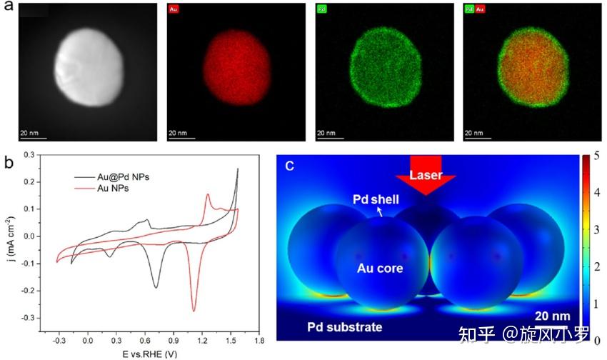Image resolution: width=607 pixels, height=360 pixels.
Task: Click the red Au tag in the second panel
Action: click(x=174, y=11)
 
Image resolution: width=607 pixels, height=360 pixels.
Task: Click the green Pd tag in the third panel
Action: click(x=323, y=11)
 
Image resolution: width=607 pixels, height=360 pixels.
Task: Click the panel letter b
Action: click(x=8, y=161)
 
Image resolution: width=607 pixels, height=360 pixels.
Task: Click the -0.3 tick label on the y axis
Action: click(x=46, y=317)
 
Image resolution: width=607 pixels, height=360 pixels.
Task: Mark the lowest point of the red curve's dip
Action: click(x=194, y=311)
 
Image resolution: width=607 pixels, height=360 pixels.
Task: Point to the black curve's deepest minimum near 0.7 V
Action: click(x=156, y=287)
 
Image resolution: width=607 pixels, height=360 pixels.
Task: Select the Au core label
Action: click(x=381, y=269)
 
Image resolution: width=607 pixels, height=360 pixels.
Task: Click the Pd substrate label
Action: click(x=345, y=327)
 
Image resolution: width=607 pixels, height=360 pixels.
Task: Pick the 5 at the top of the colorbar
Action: click(x=596, y=156)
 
